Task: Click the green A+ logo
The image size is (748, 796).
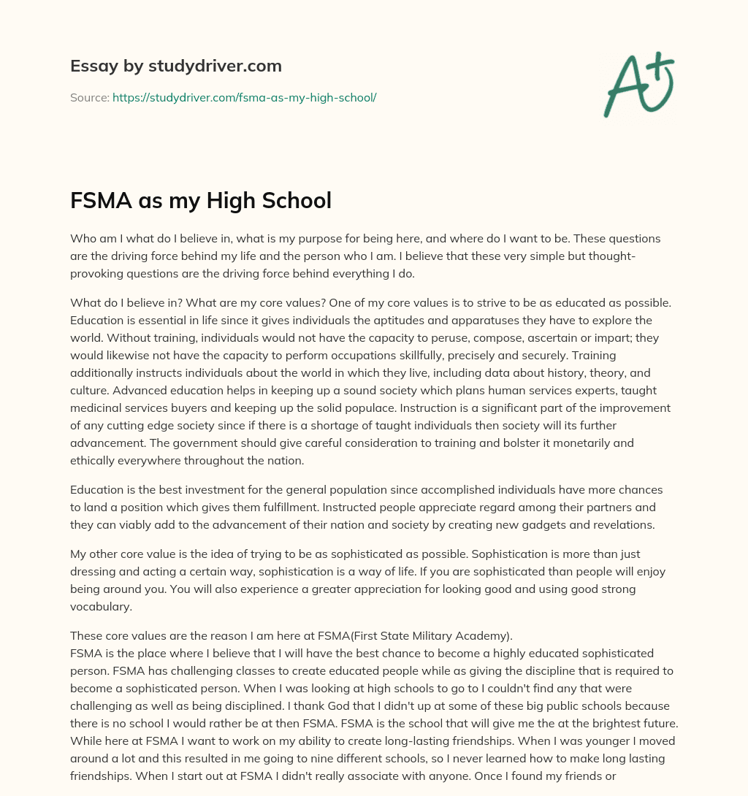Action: [638, 84]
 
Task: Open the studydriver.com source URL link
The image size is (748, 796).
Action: [244, 96]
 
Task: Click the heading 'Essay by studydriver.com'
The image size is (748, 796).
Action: [175, 66]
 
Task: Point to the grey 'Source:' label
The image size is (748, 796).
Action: [90, 96]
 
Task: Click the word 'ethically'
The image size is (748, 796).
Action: [96, 462]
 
